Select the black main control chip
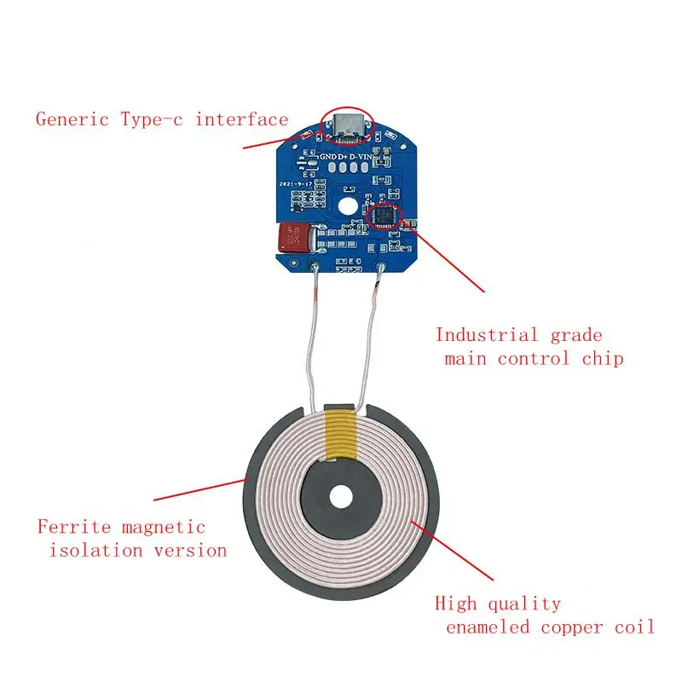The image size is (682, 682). [x=384, y=215]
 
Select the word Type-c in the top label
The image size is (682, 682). [x=152, y=119]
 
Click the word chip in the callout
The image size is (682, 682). [x=602, y=358]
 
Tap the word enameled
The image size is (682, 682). [x=488, y=627]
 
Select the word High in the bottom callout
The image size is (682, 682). [x=457, y=604]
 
